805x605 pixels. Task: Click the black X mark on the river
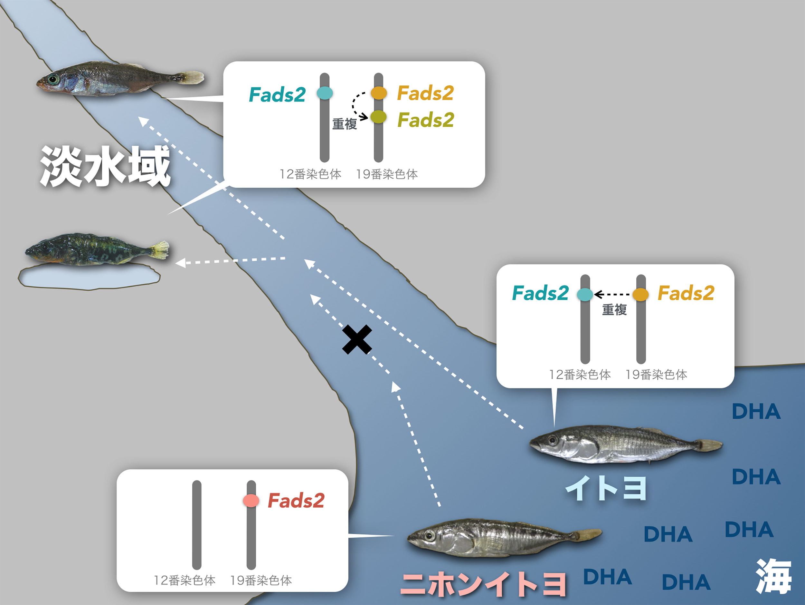[357, 339]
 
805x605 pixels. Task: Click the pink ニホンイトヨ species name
[483, 584]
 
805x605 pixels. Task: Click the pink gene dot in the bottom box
[251, 501]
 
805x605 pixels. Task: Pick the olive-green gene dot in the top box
[378, 117]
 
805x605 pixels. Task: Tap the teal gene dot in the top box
[325, 93]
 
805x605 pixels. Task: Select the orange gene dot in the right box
[640, 294]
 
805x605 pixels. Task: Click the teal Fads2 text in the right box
[540, 293]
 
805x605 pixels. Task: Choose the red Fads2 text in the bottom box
[296, 501]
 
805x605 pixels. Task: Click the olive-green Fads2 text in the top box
[425, 120]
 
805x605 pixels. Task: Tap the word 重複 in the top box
[344, 124]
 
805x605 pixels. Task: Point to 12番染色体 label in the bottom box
[185, 580]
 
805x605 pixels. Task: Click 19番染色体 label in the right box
[656, 375]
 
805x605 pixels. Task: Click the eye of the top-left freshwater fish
[53, 78]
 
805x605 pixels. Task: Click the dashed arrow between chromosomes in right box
[613, 294]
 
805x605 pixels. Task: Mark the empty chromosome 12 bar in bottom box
[197, 524]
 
